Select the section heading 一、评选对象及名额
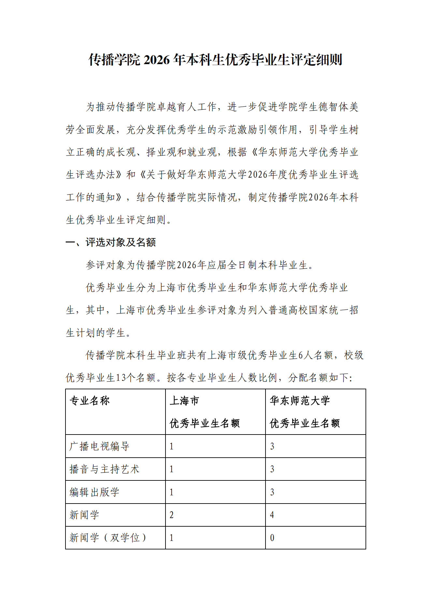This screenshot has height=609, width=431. click(111, 242)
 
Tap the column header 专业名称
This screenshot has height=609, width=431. click(90, 401)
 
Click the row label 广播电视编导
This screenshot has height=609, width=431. click(99, 446)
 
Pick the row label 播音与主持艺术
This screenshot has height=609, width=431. click(104, 469)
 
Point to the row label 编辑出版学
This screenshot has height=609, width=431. click(94, 492)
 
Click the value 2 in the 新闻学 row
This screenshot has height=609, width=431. click(172, 515)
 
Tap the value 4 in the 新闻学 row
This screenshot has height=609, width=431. click(272, 515)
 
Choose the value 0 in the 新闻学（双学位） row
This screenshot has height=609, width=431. click(272, 538)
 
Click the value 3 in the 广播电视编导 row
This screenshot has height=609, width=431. click(272, 446)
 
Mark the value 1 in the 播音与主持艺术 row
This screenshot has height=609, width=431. click(172, 469)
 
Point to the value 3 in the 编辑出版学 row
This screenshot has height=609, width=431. click(272, 492)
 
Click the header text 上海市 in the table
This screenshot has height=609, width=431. click(184, 401)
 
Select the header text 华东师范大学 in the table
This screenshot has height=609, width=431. click(300, 401)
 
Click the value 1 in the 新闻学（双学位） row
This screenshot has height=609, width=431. click(172, 538)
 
